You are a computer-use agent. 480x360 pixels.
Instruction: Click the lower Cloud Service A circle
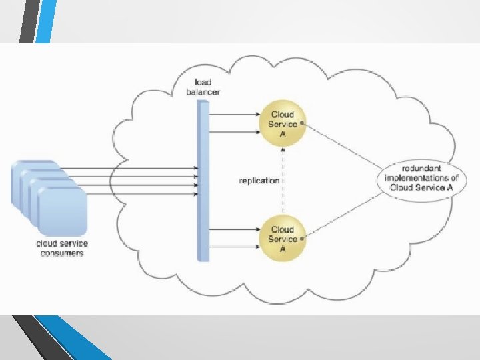[283, 238]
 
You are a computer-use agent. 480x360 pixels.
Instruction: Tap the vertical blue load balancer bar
[203, 180]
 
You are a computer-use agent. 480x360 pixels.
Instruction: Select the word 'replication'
[259, 180]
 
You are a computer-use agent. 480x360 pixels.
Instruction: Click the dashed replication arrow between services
[283, 180]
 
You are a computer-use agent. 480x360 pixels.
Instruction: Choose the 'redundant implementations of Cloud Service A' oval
[421, 177]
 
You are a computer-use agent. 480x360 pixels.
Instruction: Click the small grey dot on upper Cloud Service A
[303, 123]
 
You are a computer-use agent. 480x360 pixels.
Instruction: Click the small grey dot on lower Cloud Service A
[303, 238]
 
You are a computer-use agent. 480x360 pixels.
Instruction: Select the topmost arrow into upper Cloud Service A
[233, 114]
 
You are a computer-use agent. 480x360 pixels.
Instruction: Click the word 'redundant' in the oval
[421, 168]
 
